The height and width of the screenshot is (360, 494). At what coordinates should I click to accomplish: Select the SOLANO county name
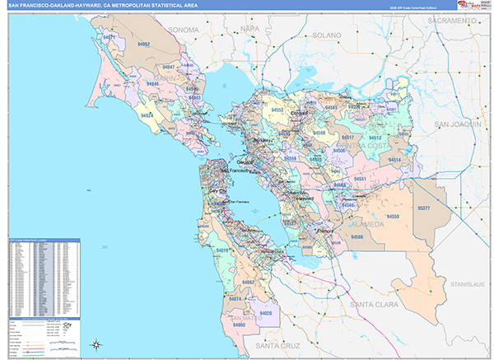click(326, 36)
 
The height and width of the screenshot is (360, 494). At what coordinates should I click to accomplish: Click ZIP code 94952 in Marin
click(144, 43)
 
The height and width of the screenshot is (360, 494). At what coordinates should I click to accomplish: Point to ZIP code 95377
click(424, 208)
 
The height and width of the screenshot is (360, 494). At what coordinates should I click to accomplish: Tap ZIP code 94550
click(393, 216)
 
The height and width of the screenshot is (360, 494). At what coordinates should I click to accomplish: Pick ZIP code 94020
click(265, 313)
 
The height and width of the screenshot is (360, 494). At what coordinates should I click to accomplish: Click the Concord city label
click(299, 112)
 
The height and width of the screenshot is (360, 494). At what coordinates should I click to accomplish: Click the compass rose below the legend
click(96, 344)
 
